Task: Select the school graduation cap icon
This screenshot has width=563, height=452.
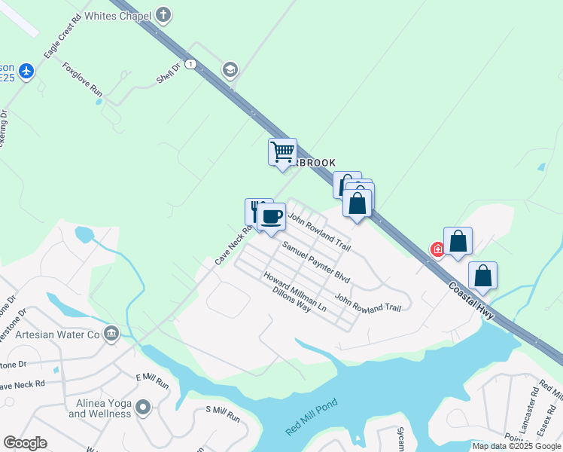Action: pyautogui.click(x=230, y=71)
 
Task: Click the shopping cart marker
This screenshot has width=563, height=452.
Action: pyautogui.click(x=283, y=151)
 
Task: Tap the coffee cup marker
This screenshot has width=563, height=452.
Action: pyautogui.click(x=272, y=216)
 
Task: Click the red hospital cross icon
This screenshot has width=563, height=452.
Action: pyautogui.click(x=437, y=249)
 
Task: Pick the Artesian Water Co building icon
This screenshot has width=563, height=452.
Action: pyautogui.click(x=111, y=333)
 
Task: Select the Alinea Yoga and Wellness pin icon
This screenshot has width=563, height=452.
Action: pyautogui.click(x=143, y=408)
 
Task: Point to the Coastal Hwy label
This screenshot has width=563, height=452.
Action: pyautogui.click(x=470, y=300)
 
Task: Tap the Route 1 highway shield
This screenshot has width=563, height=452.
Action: pyautogui.click(x=192, y=65)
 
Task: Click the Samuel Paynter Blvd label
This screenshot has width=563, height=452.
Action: pyautogui.click(x=316, y=261)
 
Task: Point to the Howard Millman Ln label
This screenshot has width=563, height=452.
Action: pyautogui.click(x=295, y=291)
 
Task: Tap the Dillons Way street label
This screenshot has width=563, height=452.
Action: pyautogui.click(x=292, y=300)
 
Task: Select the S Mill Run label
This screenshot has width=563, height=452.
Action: pyautogui.click(x=222, y=414)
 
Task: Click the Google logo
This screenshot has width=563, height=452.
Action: pyautogui.click(x=26, y=443)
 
